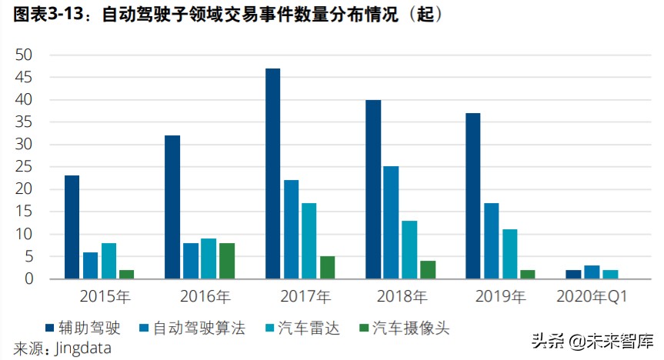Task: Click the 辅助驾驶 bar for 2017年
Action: click(272, 174)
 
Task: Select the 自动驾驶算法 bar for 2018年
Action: click(391, 222)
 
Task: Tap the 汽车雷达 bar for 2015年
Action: click(108, 261)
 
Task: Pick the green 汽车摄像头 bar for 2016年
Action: click(227, 261)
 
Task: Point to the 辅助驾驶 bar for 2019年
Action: click(473, 196)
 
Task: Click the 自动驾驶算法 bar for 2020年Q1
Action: click(592, 272)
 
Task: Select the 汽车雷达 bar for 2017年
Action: click(309, 241)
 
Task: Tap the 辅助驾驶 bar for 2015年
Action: click(72, 227)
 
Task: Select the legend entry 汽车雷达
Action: click(307, 328)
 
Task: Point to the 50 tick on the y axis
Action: click(24, 55)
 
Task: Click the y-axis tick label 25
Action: click(24, 167)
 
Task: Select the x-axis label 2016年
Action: click(205, 295)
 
